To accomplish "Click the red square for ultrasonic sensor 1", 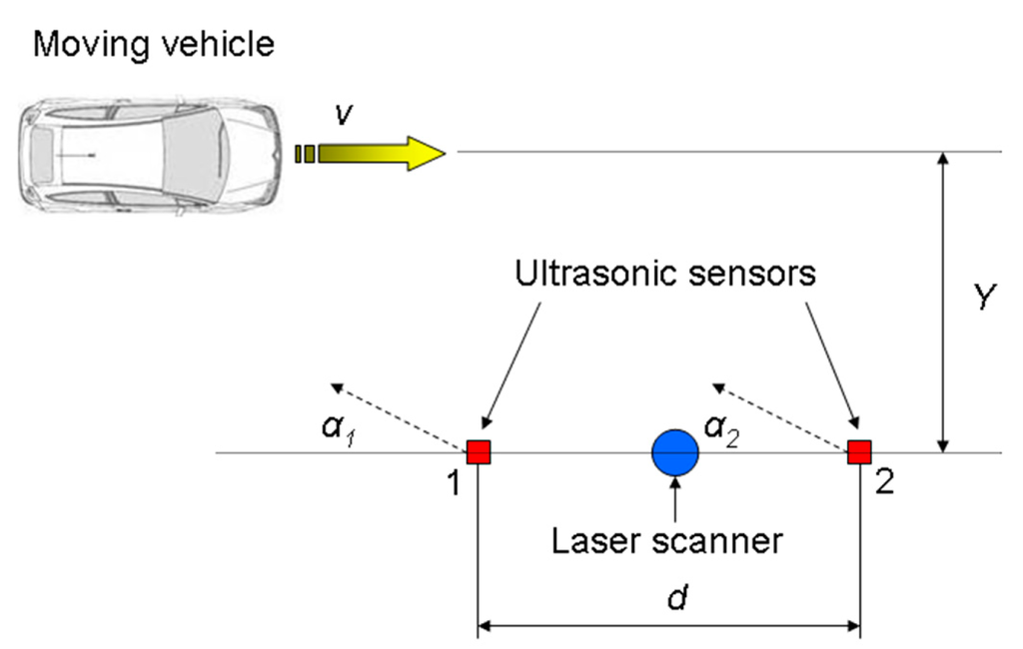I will [x=479, y=452].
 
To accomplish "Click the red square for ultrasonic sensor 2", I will [x=859, y=452].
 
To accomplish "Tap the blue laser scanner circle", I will [x=675, y=452].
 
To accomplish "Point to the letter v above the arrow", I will [x=343, y=115].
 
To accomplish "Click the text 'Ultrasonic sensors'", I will [x=665, y=274].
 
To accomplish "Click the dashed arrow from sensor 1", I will [x=400, y=415].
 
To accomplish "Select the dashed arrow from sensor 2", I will [x=779, y=415].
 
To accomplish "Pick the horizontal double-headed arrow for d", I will [x=669, y=628].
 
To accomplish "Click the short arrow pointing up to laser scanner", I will [x=676, y=499].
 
